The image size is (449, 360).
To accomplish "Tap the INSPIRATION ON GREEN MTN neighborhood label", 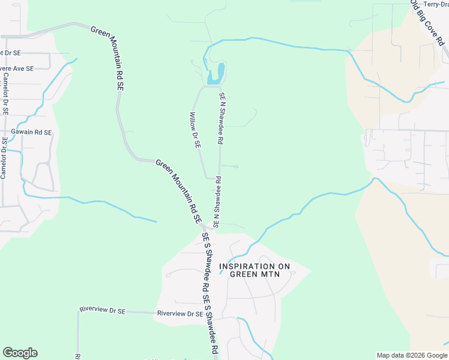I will pyautogui.click(x=258, y=270).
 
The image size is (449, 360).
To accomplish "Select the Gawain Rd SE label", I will pyautogui.click(x=31, y=132).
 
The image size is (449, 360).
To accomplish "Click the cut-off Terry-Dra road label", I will pyautogui.click(x=436, y=4).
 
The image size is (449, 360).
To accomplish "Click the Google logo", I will pyautogui.click(x=20, y=353).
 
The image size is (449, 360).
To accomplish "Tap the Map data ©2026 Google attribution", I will pyautogui.click(x=411, y=355).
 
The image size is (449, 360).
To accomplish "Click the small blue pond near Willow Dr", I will pyautogui.click(x=216, y=74).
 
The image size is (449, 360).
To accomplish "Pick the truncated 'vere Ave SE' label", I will pyautogui.click(x=17, y=69).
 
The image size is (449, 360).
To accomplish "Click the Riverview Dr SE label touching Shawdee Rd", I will pyautogui.click(x=178, y=314).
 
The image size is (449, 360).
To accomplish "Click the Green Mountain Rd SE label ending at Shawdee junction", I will pyautogui.click(x=178, y=191).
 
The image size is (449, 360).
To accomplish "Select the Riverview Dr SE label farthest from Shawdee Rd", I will pyautogui.click(x=102, y=310).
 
